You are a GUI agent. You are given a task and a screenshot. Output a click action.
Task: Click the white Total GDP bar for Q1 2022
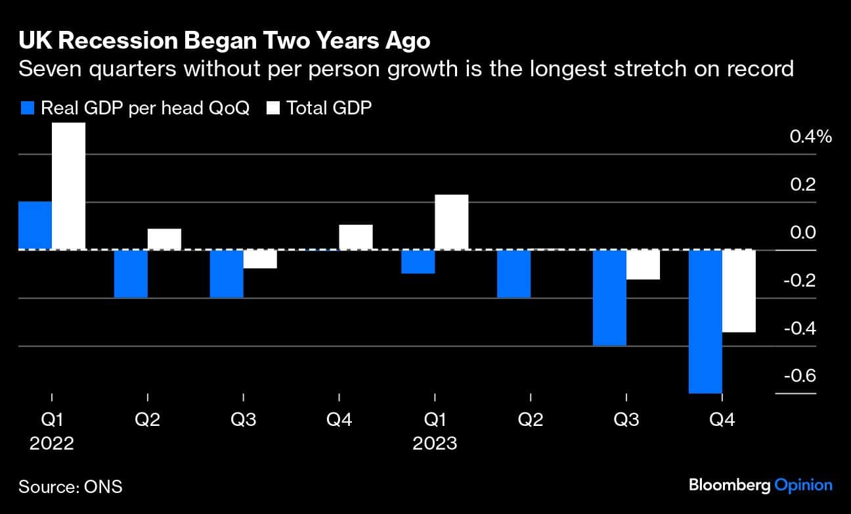point(68,186)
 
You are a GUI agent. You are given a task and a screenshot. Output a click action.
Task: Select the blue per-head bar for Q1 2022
point(35,225)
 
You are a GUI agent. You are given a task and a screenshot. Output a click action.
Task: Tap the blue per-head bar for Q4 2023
point(705,321)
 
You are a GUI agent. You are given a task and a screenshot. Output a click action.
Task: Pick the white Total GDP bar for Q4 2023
point(739,291)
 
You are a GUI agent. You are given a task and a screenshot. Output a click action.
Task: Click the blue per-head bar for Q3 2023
point(609,298)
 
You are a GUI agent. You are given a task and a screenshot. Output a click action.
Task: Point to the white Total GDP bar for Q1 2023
point(451,222)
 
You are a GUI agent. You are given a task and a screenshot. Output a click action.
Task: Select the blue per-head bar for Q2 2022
point(131,274)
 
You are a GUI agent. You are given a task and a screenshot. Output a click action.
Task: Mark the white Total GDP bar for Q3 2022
point(260,259)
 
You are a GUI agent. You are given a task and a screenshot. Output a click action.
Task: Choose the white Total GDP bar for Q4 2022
point(356,237)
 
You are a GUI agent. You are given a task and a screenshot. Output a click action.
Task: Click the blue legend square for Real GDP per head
point(27,108)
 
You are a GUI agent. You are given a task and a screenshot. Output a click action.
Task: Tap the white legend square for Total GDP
point(273,108)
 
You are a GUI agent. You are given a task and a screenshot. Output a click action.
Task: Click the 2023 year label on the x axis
point(435,444)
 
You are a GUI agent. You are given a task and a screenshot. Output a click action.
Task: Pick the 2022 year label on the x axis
point(51,444)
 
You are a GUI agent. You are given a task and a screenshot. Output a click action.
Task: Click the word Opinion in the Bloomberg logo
point(804,486)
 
